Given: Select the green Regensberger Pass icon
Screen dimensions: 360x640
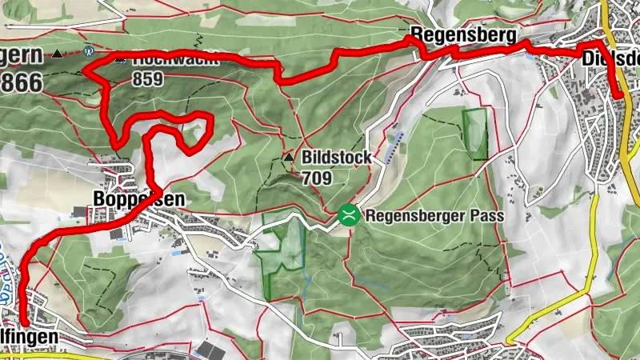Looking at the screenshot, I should click(x=348, y=214).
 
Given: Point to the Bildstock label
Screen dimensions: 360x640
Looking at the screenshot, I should click(x=336, y=158).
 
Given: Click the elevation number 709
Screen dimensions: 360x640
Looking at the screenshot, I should click(x=317, y=177).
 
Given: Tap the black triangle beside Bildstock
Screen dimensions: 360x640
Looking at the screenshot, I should click(x=290, y=158).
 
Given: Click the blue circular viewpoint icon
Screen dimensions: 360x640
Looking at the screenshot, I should click(x=90, y=50).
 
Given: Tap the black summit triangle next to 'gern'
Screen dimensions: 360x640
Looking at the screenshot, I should click(x=58, y=55).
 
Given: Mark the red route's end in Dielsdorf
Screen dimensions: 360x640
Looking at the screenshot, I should click(x=619, y=96).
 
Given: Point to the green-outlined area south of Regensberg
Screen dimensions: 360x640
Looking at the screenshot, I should click(x=474, y=133).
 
